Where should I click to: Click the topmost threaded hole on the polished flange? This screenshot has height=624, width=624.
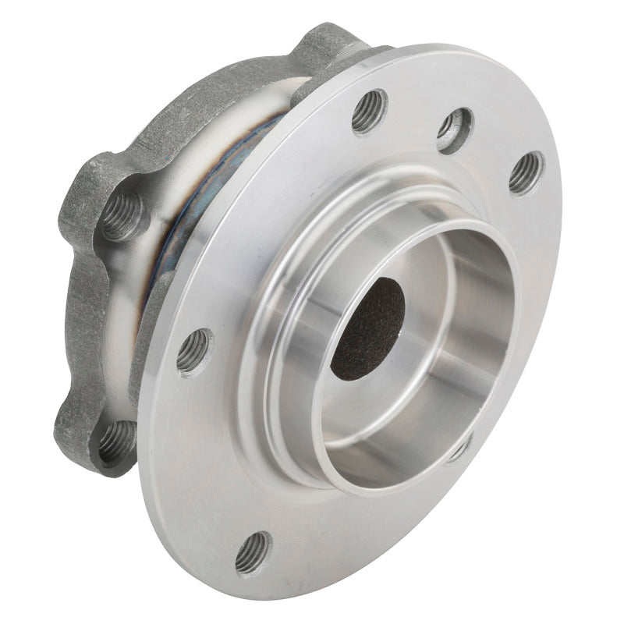[x=369, y=111]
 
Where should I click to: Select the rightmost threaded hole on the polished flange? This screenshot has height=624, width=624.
[x=526, y=172]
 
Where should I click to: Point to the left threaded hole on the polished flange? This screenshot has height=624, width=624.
[x=194, y=351]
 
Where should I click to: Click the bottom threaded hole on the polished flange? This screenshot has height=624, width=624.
[x=253, y=552]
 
